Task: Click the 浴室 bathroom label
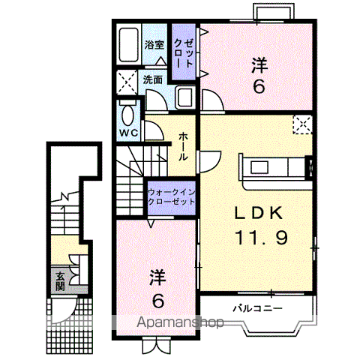[154, 44]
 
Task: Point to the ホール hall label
[184, 146]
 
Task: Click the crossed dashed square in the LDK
[302, 124]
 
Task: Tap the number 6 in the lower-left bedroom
[157, 301]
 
